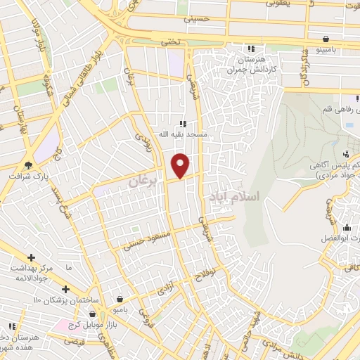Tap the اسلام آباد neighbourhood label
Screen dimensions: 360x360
click(x=234, y=198)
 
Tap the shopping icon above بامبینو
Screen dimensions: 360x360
click(x=326, y=39)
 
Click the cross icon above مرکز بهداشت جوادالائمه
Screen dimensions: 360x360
click(x=32, y=257)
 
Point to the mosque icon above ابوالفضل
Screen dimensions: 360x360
click(x=346, y=227)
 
